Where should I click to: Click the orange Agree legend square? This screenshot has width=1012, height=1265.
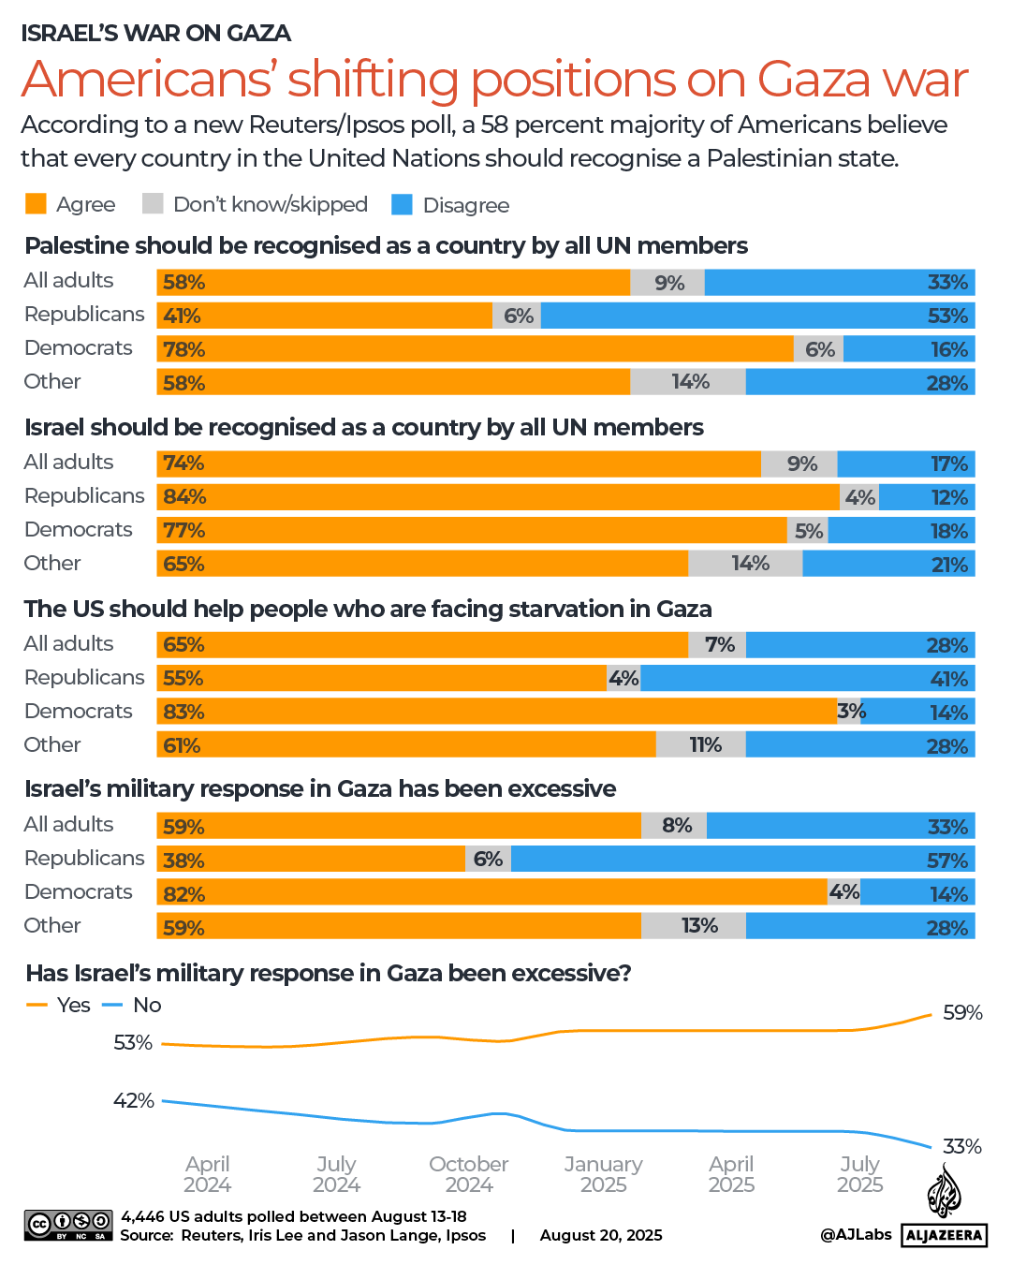[36, 203]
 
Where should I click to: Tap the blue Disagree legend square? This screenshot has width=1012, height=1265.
[402, 203]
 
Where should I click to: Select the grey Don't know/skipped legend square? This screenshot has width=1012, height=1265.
[153, 203]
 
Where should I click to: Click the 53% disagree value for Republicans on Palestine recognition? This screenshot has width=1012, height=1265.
[946, 316]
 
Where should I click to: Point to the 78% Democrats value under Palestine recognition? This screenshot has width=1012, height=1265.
[183, 349]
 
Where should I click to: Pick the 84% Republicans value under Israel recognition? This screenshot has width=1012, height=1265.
[183, 496]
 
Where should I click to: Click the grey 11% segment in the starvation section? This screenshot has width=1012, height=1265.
[705, 744]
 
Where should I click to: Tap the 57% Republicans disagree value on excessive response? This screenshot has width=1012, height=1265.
[946, 860]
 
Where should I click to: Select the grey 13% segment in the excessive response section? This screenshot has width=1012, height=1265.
[699, 925]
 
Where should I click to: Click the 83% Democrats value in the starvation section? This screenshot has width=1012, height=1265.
[183, 712]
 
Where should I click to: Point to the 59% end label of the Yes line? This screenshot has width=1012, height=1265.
[962, 1012]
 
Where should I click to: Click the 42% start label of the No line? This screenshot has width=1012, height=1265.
[133, 1100]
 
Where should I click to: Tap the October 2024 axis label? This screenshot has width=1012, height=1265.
[468, 1174]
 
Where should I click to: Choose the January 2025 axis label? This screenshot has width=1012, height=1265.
[603, 1174]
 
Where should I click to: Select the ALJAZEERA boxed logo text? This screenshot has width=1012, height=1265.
[944, 1235]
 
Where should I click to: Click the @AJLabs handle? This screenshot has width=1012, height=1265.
[856, 1234]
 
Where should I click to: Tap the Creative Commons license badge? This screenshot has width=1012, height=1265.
[68, 1225]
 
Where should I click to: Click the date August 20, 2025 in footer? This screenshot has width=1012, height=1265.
[600, 1235]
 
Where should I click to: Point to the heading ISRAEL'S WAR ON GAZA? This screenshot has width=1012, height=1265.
[155, 33]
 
